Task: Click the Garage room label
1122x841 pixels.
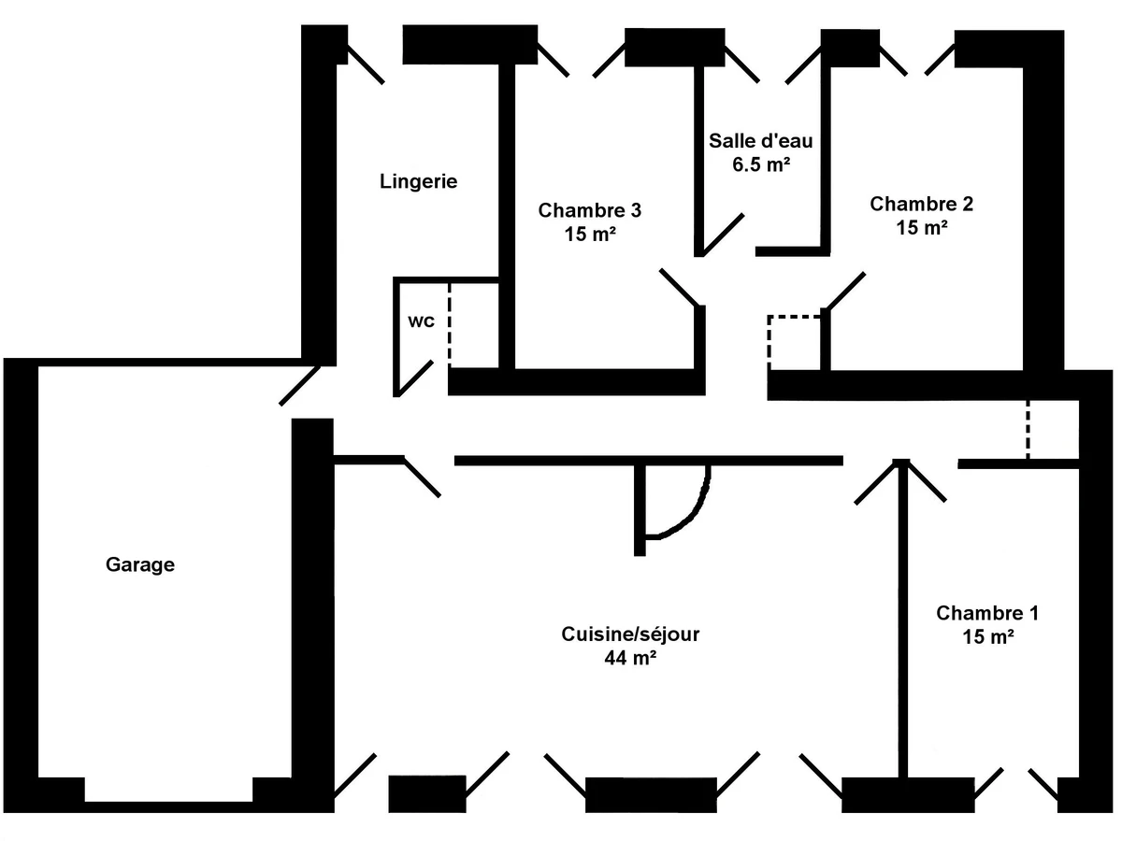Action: (140, 565)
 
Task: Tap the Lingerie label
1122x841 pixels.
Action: (419, 181)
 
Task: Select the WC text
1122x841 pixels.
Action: (421, 321)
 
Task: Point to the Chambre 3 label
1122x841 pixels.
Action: (589, 210)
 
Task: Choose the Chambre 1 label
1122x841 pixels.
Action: (987, 613)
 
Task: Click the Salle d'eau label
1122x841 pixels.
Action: (761, 141)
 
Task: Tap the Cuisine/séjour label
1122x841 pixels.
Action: (630, 634)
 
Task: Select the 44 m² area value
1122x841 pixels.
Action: (630, 658)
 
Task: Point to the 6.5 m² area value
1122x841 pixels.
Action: (761, 164)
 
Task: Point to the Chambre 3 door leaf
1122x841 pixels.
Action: (680, 288)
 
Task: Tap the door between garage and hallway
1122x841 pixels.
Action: (300, 385)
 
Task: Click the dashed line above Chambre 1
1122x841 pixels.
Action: (1028, 430)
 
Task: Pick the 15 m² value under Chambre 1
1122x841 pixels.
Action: (987, 637)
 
